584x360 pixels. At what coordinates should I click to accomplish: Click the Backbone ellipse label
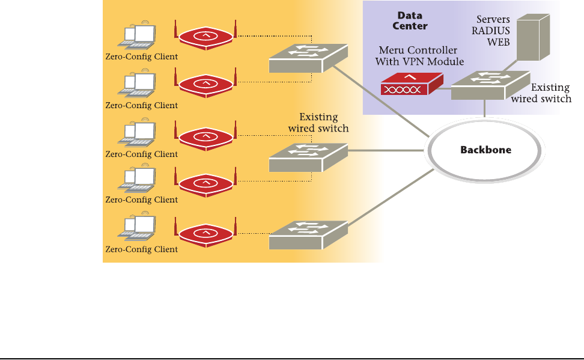coord(485,150)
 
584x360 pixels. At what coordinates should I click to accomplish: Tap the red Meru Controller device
coord(412,84)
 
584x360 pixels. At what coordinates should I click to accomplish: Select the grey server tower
coord(532,37)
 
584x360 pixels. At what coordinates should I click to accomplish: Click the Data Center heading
coord(411,20)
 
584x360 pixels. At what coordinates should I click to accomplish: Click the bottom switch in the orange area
coord(308,234)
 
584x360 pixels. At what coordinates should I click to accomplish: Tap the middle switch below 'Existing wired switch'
coord(308,158)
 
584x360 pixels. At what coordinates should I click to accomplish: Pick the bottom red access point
coord(205,234)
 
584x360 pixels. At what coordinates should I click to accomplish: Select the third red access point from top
coord(205,138)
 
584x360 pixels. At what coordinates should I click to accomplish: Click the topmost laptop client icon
coord(137,37)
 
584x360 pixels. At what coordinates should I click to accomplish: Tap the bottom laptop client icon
coord(137,228)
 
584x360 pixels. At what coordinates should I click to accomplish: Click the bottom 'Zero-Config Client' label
coord(142,249)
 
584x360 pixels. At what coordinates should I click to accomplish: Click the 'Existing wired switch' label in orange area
coord(318,123)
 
